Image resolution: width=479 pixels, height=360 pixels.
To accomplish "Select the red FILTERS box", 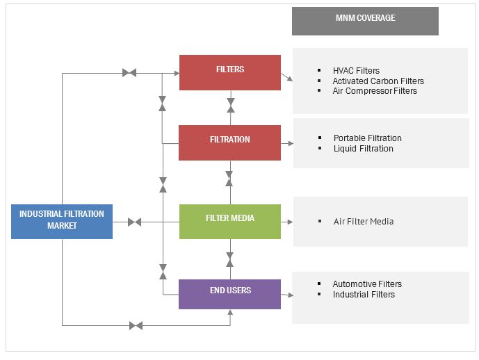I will [x=230, y=72].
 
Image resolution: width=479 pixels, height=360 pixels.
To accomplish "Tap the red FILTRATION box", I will [x=230, y=142].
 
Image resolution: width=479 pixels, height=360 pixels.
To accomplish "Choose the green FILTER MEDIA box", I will [x=230, y=221].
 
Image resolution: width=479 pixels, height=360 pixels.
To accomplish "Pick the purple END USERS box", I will [x=230, y=293].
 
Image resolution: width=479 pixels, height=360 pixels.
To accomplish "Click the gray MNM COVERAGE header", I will [x=365, y=21].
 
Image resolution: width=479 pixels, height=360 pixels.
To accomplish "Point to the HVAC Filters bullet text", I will [x=356, y=71].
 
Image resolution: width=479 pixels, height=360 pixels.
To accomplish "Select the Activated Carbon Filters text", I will [x=378, y=81].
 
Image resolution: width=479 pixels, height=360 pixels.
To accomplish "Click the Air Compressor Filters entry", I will [x=375, y=90].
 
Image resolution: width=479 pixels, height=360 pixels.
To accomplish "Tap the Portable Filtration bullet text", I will [x=367, y=138].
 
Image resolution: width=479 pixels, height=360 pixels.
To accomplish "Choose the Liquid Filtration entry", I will [x=363, y=148].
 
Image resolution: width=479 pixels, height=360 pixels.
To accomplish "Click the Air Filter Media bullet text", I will [x=364, y=222].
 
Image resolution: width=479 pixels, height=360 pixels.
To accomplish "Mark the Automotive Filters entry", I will [x=367, y=284].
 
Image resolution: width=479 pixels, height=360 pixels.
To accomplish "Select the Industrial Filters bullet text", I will [x=364, y=294].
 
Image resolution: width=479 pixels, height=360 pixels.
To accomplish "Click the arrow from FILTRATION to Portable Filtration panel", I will [x=286, y=143].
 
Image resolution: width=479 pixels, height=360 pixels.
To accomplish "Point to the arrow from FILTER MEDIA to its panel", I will [x=286, y=222].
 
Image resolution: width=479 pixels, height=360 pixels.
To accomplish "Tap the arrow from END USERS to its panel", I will [x=286, y=295].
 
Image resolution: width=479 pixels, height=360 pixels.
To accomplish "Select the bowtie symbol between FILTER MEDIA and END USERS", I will [x=230, y=259].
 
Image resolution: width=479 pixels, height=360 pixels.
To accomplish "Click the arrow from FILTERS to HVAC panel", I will [x=286, y=77].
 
